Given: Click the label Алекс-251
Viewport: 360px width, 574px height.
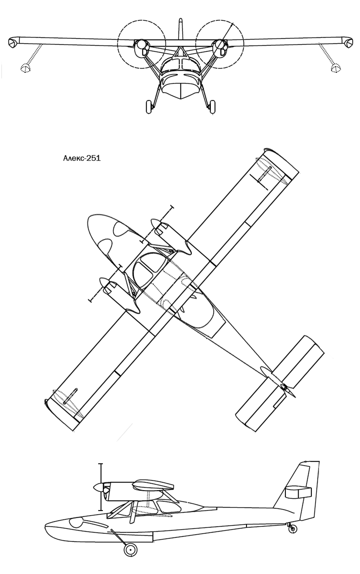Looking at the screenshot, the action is tap(82, 158).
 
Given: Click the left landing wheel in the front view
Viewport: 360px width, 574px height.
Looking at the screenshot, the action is tap(149, 107).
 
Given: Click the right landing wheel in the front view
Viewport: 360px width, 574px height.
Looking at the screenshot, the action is tap(212, 107).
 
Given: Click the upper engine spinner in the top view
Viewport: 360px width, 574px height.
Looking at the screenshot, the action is tap(155, 223).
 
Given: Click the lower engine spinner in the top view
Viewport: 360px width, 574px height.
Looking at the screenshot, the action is tap(104, 282).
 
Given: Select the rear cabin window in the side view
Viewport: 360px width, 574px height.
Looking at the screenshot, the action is tap(166, 508).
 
